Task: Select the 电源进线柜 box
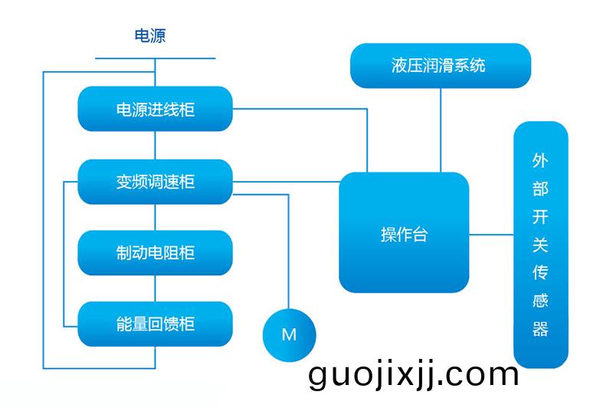(x=155, y=109)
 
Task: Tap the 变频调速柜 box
(x=155, y=182)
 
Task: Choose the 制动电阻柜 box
(x=155, y=253)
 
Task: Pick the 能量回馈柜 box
(x=155, y=324)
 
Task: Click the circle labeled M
(x=289, y=334)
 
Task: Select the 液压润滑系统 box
(x=440, y=65)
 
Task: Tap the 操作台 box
(x=404, y=233)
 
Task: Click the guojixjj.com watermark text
(x=414, y=376)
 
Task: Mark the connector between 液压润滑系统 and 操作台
(x=441, y=130)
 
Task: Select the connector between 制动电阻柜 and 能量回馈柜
(x=156, y=288)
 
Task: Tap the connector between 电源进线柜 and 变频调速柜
(x=156, y=145)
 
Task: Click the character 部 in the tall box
(x=540, y=189)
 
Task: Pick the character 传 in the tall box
(x=540, y=273)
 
